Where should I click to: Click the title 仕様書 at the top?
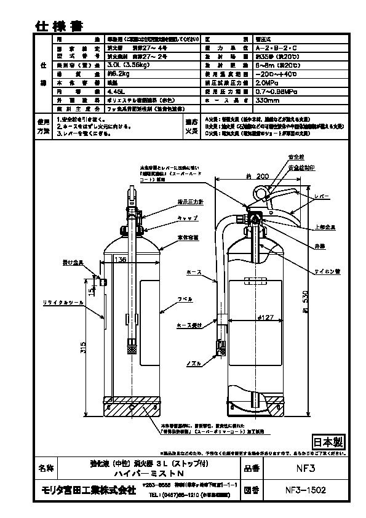tap(59, 25)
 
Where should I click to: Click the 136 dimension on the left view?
tap(120, 260)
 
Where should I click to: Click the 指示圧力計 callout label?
tap(174, 201)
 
